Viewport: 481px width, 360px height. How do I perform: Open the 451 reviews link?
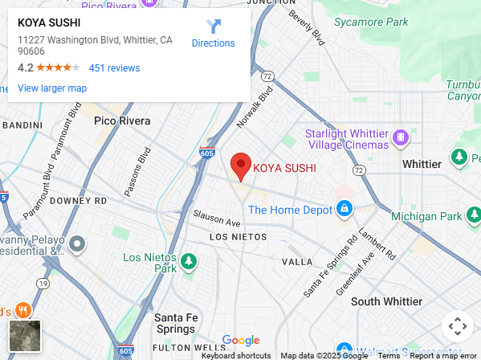click(x=114, y=68)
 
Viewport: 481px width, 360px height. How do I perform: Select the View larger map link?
click(x=52, y=88)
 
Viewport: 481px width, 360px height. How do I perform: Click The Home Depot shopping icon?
click(x=344, y=210)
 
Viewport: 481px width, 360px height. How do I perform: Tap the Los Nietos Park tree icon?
click(x=189, y=261)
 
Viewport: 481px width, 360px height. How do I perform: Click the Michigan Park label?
click(x=426, y=217)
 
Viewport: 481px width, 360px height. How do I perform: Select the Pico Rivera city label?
click(x=122, y=121)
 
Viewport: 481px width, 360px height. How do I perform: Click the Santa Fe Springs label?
click(x=176, y=323)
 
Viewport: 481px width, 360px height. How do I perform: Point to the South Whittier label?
click(x=386, y=301)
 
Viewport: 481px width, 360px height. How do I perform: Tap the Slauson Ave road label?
click(x=217, y=218)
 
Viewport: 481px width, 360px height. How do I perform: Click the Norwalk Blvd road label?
click(x=255, y=108)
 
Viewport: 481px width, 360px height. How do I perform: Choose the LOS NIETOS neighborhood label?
click(x=237, y=237)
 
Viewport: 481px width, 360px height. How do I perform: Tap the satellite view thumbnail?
click(x=24, y=336)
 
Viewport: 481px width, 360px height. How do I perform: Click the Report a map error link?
click(x=443, y=355)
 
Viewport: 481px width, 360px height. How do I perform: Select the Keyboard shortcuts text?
click(x=236, y=355)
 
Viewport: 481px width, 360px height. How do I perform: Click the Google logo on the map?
click(x=240, y=341)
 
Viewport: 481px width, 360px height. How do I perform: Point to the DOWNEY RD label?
click(x=78, y=201)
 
